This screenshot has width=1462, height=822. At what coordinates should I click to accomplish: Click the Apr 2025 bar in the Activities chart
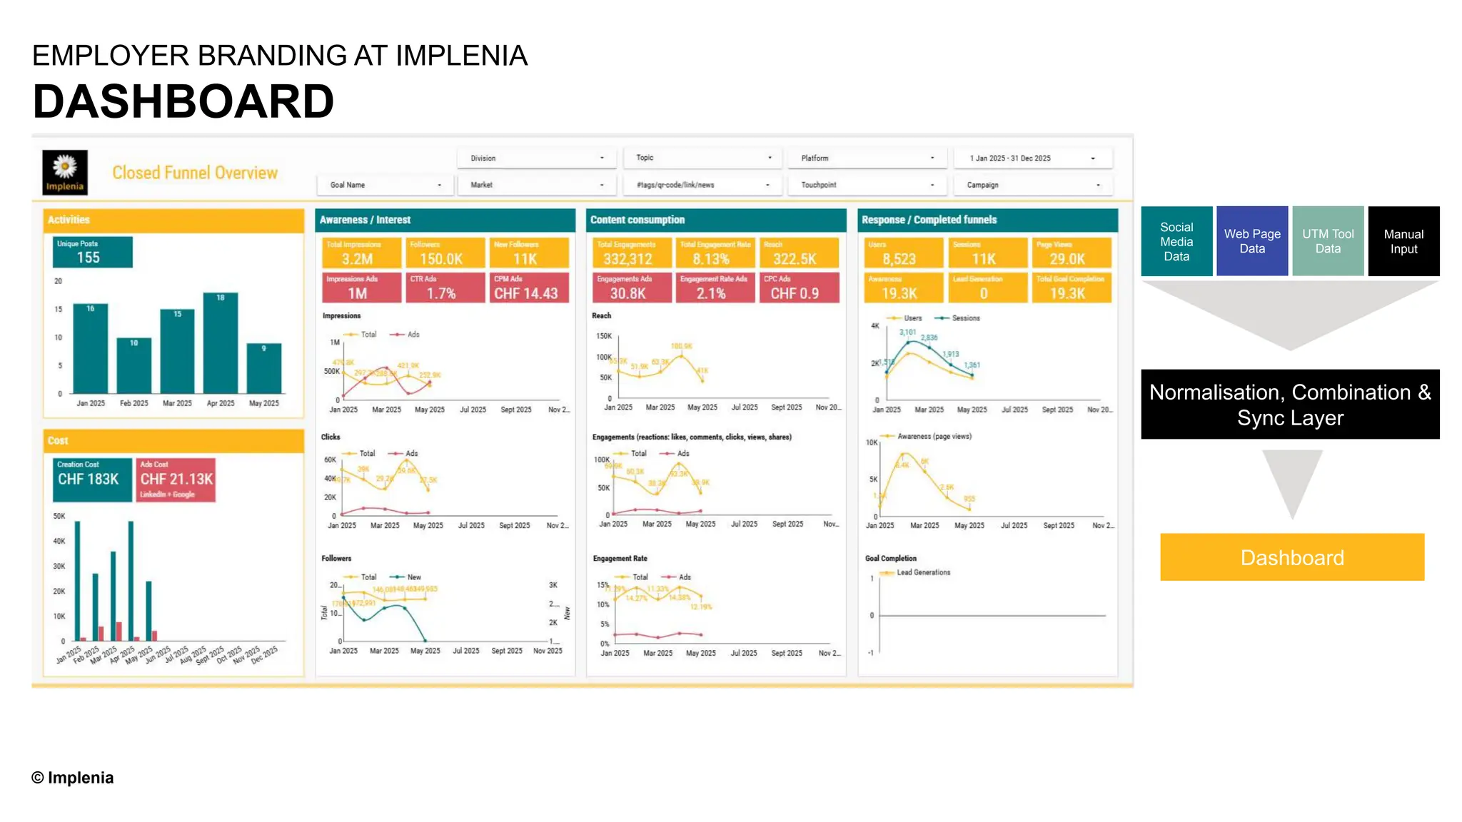tap(221, 343)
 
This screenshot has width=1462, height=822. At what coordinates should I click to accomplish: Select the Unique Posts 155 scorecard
tap(92, 252)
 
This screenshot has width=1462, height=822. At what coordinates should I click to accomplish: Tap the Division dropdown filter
tap(536, 158)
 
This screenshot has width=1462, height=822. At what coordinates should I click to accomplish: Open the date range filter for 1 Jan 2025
tap(1032, 158)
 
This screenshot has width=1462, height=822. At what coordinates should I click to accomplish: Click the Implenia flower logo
tap(65, 172)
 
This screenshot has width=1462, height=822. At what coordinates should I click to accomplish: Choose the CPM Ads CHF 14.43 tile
tap(529, 288)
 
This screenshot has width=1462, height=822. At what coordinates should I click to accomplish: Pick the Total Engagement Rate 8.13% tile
tap(715, 253)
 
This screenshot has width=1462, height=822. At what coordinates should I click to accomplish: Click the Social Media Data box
tap(1176, 241)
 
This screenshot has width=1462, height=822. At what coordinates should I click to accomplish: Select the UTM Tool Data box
tap(1327, 241)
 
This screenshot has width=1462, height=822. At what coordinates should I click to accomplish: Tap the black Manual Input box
tap(1403, 241)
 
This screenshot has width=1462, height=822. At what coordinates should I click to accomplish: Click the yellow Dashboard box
tap(1291, 557)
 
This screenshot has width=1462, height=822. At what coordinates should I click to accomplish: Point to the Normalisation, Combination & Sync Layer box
tap(1289, 405)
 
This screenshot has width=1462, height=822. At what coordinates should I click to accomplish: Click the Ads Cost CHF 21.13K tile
tap(176, 479)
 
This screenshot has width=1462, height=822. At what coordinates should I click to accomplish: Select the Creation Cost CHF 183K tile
tap(92, 479)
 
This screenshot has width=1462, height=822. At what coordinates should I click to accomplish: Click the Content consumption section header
tap(715, 220)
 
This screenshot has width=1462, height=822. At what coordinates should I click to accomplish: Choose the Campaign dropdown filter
tap(1032, 185)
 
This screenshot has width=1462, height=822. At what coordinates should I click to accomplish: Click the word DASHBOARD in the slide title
tap(183, 101)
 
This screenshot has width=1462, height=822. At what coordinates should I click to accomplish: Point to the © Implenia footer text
tap(72, 778)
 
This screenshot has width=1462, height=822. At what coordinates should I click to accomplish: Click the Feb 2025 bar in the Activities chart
tap(134, 365)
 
